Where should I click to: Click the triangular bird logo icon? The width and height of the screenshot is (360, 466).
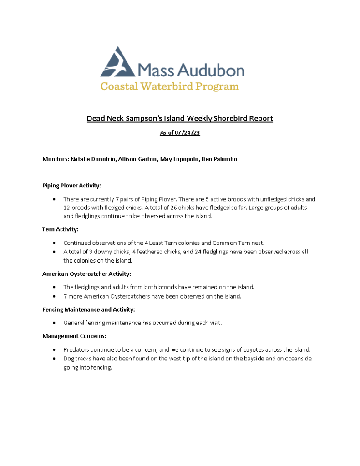tap(117, 62)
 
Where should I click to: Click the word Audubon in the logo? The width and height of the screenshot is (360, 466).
tap(211, 70)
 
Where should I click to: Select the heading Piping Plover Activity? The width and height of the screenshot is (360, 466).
tap(71, 186)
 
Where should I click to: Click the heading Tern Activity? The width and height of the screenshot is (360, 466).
tap(61, 229)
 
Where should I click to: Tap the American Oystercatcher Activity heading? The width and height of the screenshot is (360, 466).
tap(86, 274)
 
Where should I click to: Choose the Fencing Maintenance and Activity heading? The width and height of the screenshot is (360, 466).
tap(88, 309)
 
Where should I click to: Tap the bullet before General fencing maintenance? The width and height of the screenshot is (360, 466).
tap(55, 323)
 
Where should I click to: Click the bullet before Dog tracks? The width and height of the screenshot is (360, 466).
tap(55, 359)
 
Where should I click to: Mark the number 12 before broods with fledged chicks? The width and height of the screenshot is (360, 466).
tap(67, 208)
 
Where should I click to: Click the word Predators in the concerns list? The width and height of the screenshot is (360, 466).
tap(76, 349)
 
